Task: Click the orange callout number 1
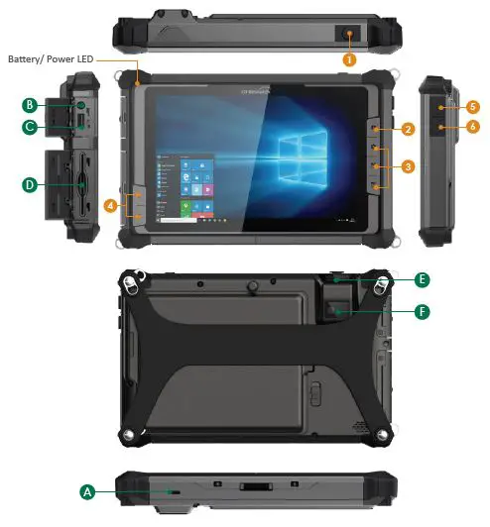pos(349,59)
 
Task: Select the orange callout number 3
pos(408,165)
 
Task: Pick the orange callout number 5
pos(474,106)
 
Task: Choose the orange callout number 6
pos(474,127)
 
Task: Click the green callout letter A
pos(87,491)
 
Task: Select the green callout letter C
pos(31,126)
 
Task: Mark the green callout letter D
pos(31,182)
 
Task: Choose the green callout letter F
pos(422,311)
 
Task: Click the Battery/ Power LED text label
pos(50,59)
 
